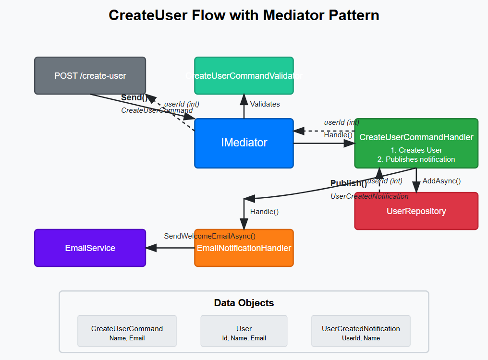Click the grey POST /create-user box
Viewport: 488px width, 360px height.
pyautogui.click(x=90, y=76)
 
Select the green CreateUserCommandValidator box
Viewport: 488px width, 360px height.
pyautogui.click(x=244, y=76)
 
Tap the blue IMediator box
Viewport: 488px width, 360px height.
pyautogui.click(x=244, y=143)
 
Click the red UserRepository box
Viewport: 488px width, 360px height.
pyautogui.click(x=416, y=211)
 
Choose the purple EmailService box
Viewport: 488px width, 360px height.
pyautogui.click(x=90, y=248)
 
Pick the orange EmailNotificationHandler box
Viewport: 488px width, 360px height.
pyautogui.click(x=244, y=248)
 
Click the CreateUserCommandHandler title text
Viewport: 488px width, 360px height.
pyautogui.click(x=416, y=137)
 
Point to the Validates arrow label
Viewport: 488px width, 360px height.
pyautogui.click(x=265, y=104)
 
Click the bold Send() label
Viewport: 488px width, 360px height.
pyautogui.click(x=134, y=98)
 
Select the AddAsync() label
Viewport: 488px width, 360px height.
pyautogui.click(x=441, y=181)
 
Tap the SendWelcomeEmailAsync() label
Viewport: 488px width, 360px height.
pyautogui.click(x=209, y=236)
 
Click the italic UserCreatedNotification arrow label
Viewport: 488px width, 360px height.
pyautogui.click(x=369, y=196)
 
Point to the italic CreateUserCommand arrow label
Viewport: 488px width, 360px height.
pyautogui.click(x=157, y=110)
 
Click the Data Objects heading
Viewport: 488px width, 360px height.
pyautogui.click(x=244, y=303)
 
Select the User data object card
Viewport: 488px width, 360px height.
pyautogui.click(x=244, y=331)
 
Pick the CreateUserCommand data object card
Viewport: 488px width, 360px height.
pyautogui.click(x=127, y=331)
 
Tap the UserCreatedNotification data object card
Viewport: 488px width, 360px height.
pyautogui.click(x=361, y=331)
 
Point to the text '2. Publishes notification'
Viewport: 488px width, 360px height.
pyautogui.click(x=416, y=159)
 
